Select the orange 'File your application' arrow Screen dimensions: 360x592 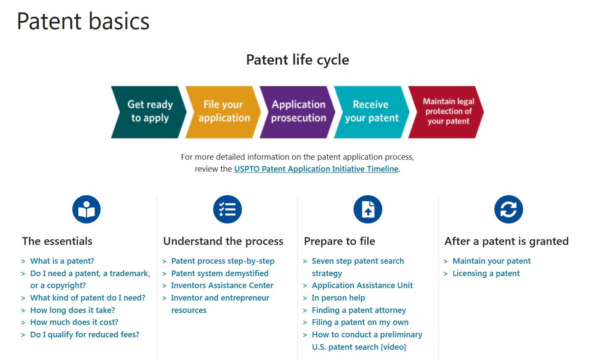pyautogui.click(x=223, y=112)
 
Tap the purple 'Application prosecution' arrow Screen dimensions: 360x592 pyautogui.click(x=297, y=112)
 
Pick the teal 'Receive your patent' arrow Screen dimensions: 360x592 pyautogui.click(x=372, y=112)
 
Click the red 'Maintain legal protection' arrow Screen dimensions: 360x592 pyautogui.click(x=447, y=112)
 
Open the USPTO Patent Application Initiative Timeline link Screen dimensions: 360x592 pyautogui.click(x=316, y=169)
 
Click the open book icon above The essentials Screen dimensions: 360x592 pyautogui.click(x=86, y=210)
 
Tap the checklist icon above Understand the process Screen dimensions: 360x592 pyautogui.click(x=227, y=210)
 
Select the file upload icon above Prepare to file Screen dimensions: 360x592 pyautogui.click(x=368, y=210)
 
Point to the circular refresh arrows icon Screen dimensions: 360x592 pyautogui.click(x=509, y=210)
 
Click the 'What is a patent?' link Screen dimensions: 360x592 pyautogui.click(x=62, y=261)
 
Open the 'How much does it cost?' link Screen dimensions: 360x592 pyautogui.click(x=74, y=322)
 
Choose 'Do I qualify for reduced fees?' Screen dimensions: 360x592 pyautogui.click(x=85, y=335)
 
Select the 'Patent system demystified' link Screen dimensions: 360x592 pyautogui.click(x=220, y=274)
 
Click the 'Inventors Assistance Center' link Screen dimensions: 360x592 pyautogui.click(x=222, y=286)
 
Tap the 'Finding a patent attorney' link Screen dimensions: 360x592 pyautogui.click(x=359, y=310)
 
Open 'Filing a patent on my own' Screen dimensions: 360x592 pyautogui.click(x=360, y=322)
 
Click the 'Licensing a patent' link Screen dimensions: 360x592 pyautogui.click(x=486, y=274)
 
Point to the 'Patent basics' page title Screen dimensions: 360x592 pyautogui.click(x=83, y=21)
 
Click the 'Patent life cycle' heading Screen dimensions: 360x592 pyautogui.click(x=297, y=60)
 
